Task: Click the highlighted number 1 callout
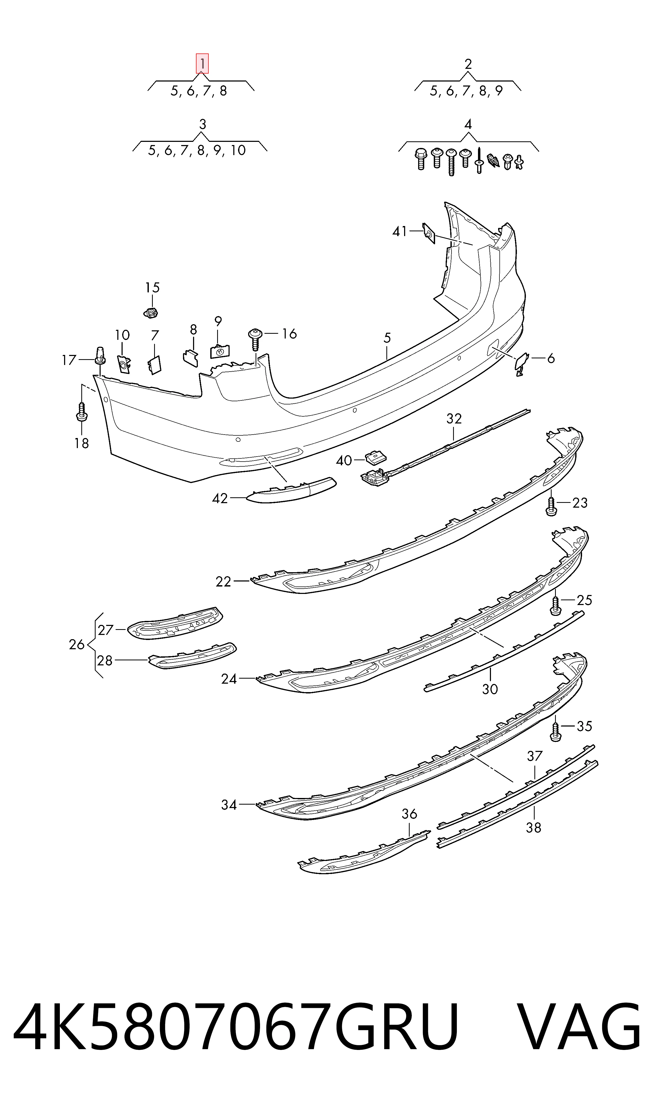point(202,64)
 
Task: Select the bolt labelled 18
point(82,412)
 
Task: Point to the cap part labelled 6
point(521,364)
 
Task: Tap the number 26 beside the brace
point(77,644)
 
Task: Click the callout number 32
point(454,418)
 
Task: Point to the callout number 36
point(409,814)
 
